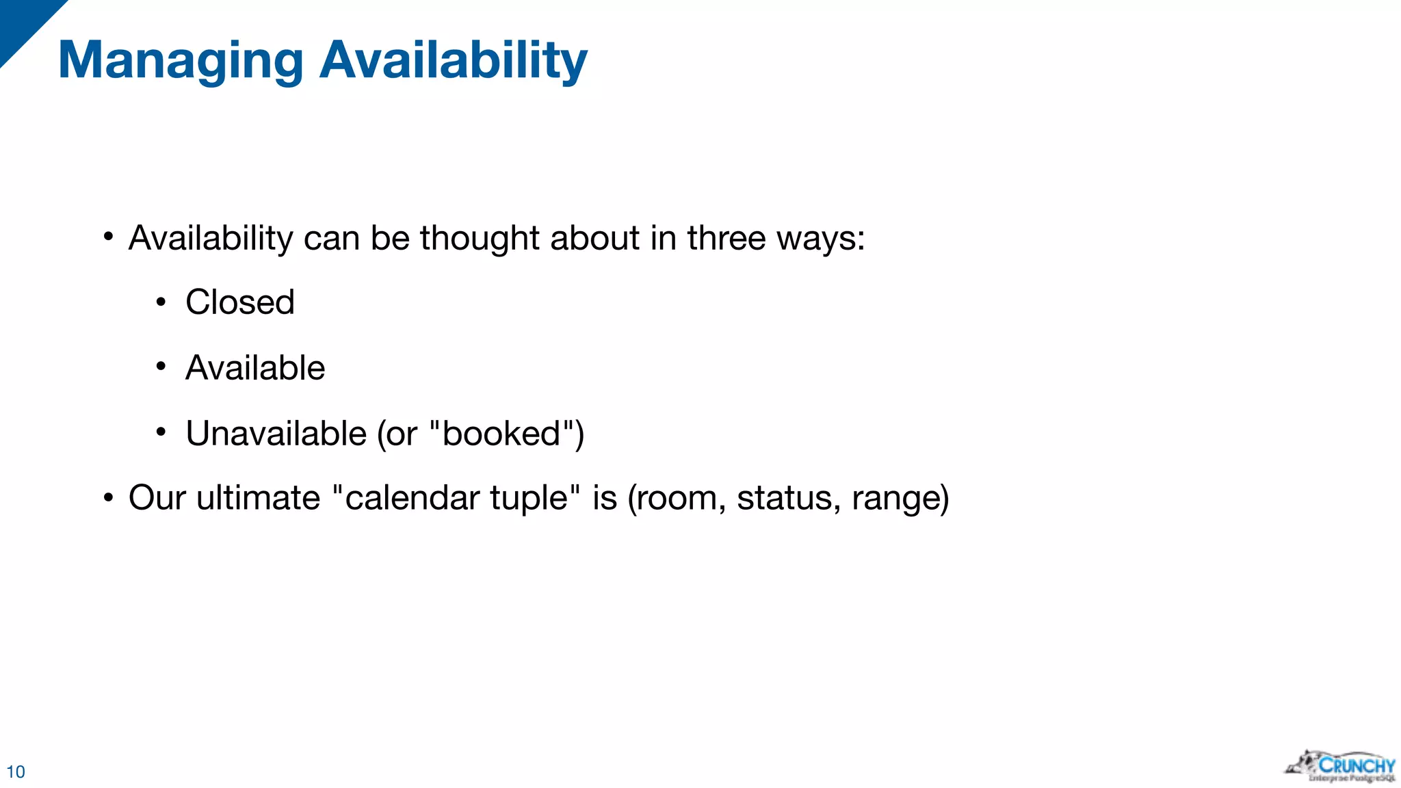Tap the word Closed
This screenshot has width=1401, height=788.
tap(239, 302)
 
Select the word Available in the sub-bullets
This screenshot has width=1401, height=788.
tap(255, 368)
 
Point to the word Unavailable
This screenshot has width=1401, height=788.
tap(276, 434)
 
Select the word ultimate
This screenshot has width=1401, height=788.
tap(258, 497)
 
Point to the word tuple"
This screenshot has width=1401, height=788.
tap(535, 499)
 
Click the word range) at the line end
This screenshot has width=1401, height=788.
tap(900, 499)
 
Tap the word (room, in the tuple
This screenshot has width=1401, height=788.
tap(677, 499)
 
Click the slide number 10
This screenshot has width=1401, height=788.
tap(15, 772)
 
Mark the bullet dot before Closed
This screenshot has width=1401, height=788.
tap(161, 302)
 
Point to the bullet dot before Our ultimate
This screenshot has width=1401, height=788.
tap(108, 497)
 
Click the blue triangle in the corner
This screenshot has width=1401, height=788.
tap(21, 21)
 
